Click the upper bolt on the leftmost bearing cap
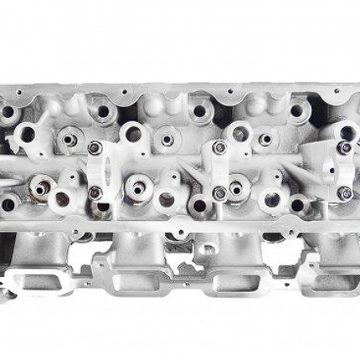tap(95, 148)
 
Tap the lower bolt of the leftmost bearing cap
tap(95, 192)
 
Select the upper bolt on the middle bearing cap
tap(219, 147)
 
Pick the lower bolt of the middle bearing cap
tap(219, 193)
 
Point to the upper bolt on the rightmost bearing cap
tap(344, 147)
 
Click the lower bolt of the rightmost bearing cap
tap(345, 193)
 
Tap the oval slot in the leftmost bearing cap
tap(108, 171)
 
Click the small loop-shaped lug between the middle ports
tap(207, 248)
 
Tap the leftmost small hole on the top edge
tap(18, 92)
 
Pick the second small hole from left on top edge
tap(124, 91)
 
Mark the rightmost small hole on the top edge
tap(337, 90)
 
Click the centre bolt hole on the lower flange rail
tap(180, 233)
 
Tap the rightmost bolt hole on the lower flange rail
tap(290, 233)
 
